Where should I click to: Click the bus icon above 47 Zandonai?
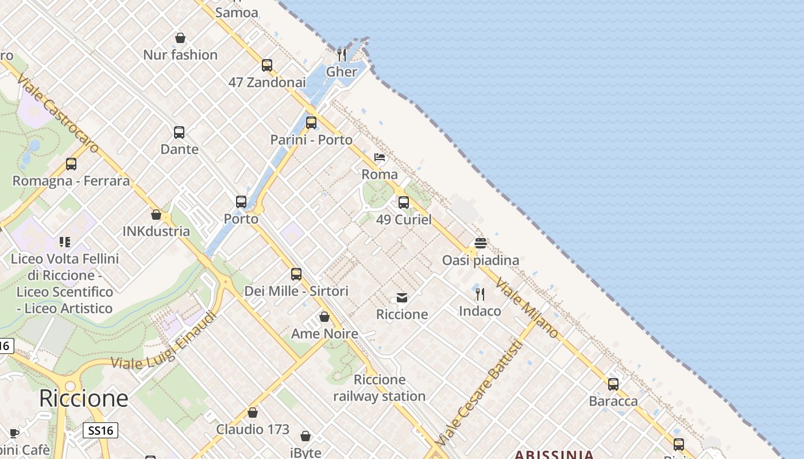pos(267,65)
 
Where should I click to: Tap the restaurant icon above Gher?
pos(342,55)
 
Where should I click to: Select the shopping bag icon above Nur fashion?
pos(180,38)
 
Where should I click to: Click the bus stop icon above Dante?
pos(179,133)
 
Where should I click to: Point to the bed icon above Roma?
pos(380,157)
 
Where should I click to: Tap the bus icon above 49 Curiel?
pos(404,203)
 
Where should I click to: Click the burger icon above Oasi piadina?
pos(481,243)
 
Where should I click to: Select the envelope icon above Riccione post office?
pos(402,298)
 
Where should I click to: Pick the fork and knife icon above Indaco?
pos(480,294)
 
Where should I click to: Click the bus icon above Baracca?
pos(613,384)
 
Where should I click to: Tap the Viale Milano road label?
pos(527,308)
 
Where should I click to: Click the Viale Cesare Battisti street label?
pos(480,393)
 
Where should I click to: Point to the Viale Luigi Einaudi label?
pos(164,341)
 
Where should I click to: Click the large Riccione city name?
pos(84,398)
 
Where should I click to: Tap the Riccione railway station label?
pos(380,388)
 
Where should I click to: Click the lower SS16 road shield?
pos(100,430)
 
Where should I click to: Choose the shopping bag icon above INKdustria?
pos(156,215)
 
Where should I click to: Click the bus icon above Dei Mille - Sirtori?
pos(296,274)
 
